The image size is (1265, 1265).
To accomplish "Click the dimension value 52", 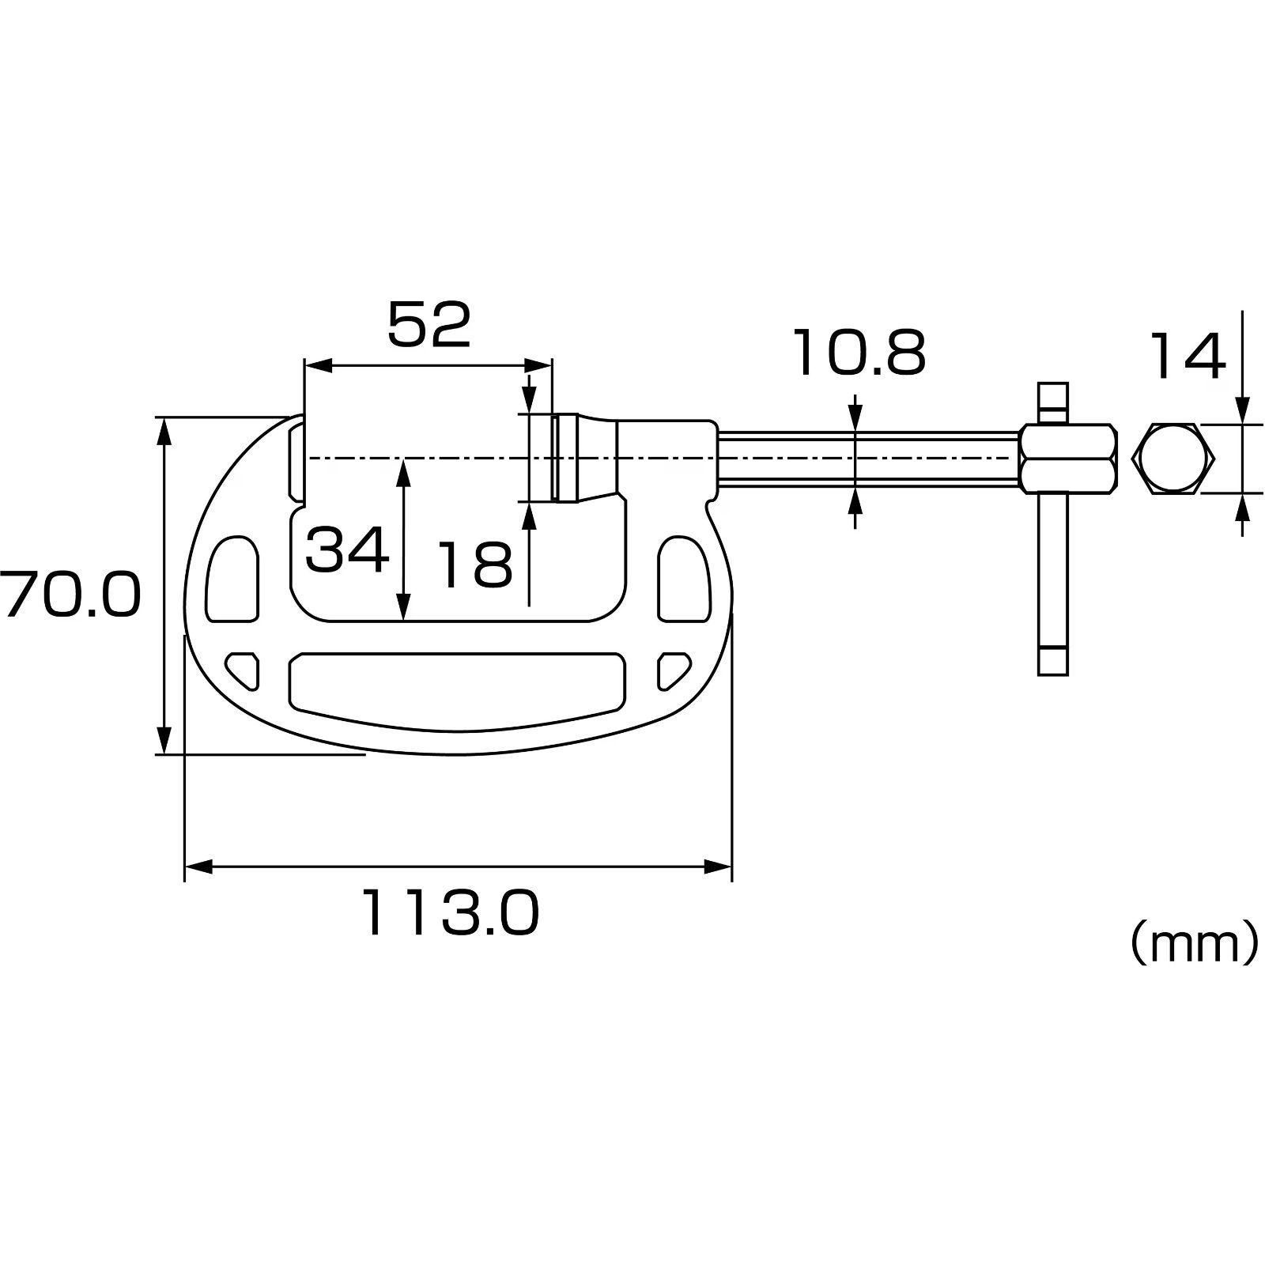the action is (x=429, y=325).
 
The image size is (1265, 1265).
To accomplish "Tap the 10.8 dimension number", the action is (x=859, y=353).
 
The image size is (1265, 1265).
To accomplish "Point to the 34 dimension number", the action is (x=347, y=550).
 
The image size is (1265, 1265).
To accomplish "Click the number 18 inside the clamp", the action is (x=475, y=565).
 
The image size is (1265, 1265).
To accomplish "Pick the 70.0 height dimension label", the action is (x=70, y=595).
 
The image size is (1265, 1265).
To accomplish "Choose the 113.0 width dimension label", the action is (x=451, y=912).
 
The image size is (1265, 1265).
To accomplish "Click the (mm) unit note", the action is (x=1193, y=942).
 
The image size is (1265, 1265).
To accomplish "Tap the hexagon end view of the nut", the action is (x=1173, y=459).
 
